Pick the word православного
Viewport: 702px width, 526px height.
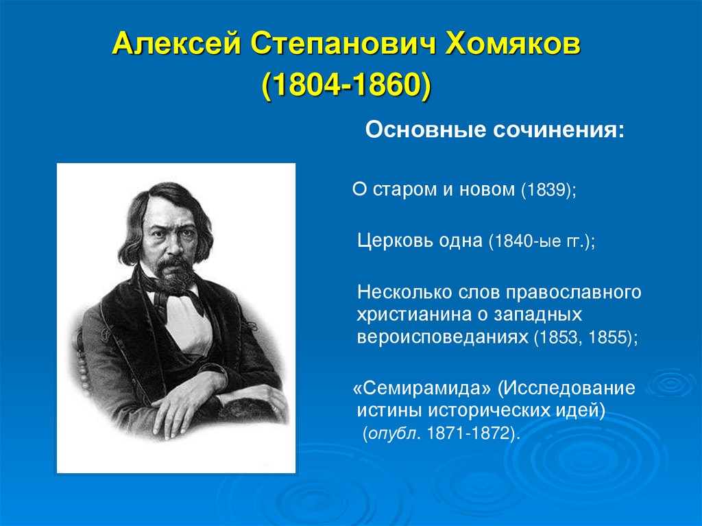574,292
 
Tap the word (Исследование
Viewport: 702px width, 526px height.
566,388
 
